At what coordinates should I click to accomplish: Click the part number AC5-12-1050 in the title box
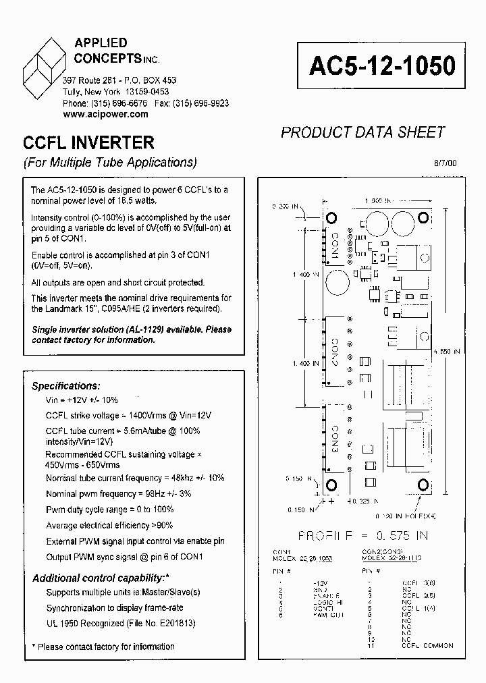click(382, 65)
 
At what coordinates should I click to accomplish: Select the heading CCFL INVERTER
click(88, 143)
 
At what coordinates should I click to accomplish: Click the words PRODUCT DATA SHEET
click(362, 132)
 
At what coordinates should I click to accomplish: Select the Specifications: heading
click(66, 386)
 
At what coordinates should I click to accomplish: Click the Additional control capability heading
click(100, 578)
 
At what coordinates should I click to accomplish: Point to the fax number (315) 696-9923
click(200, 103)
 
